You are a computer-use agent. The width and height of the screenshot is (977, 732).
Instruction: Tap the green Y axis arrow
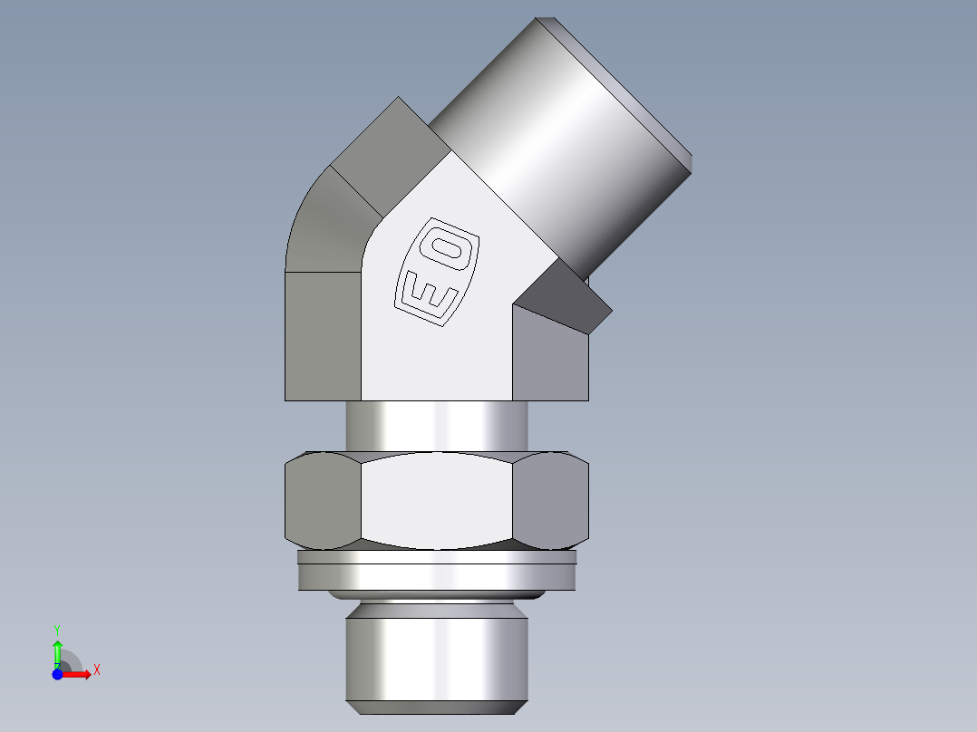coord(57,650)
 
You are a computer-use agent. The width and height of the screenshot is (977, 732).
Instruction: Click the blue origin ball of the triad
coord(57,674)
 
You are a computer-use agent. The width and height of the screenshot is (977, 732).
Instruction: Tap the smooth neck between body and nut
coord(436,425)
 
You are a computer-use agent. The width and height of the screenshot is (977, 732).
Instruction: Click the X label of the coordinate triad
coord(97,670)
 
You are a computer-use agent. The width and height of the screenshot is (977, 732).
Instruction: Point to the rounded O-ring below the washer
coord(436,594)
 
